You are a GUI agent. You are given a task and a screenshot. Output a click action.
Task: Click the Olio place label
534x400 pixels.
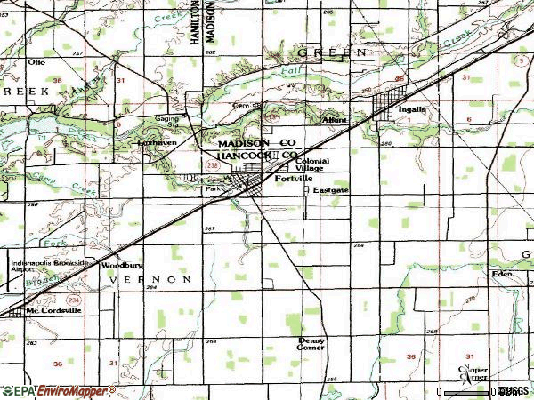[x=36, y=63]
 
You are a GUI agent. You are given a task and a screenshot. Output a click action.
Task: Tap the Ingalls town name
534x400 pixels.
[x=413, y=109]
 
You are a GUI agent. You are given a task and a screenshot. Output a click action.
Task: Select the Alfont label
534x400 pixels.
[x=336, y=118]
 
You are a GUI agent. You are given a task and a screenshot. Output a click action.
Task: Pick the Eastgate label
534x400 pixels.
[x=331, y=190]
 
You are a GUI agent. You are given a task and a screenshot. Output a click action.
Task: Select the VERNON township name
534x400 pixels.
[x=150, y=279]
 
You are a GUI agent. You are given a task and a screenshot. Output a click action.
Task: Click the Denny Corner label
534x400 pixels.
[x=311, y=343]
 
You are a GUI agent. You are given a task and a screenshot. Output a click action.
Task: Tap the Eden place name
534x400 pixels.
[x=501, y=275]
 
